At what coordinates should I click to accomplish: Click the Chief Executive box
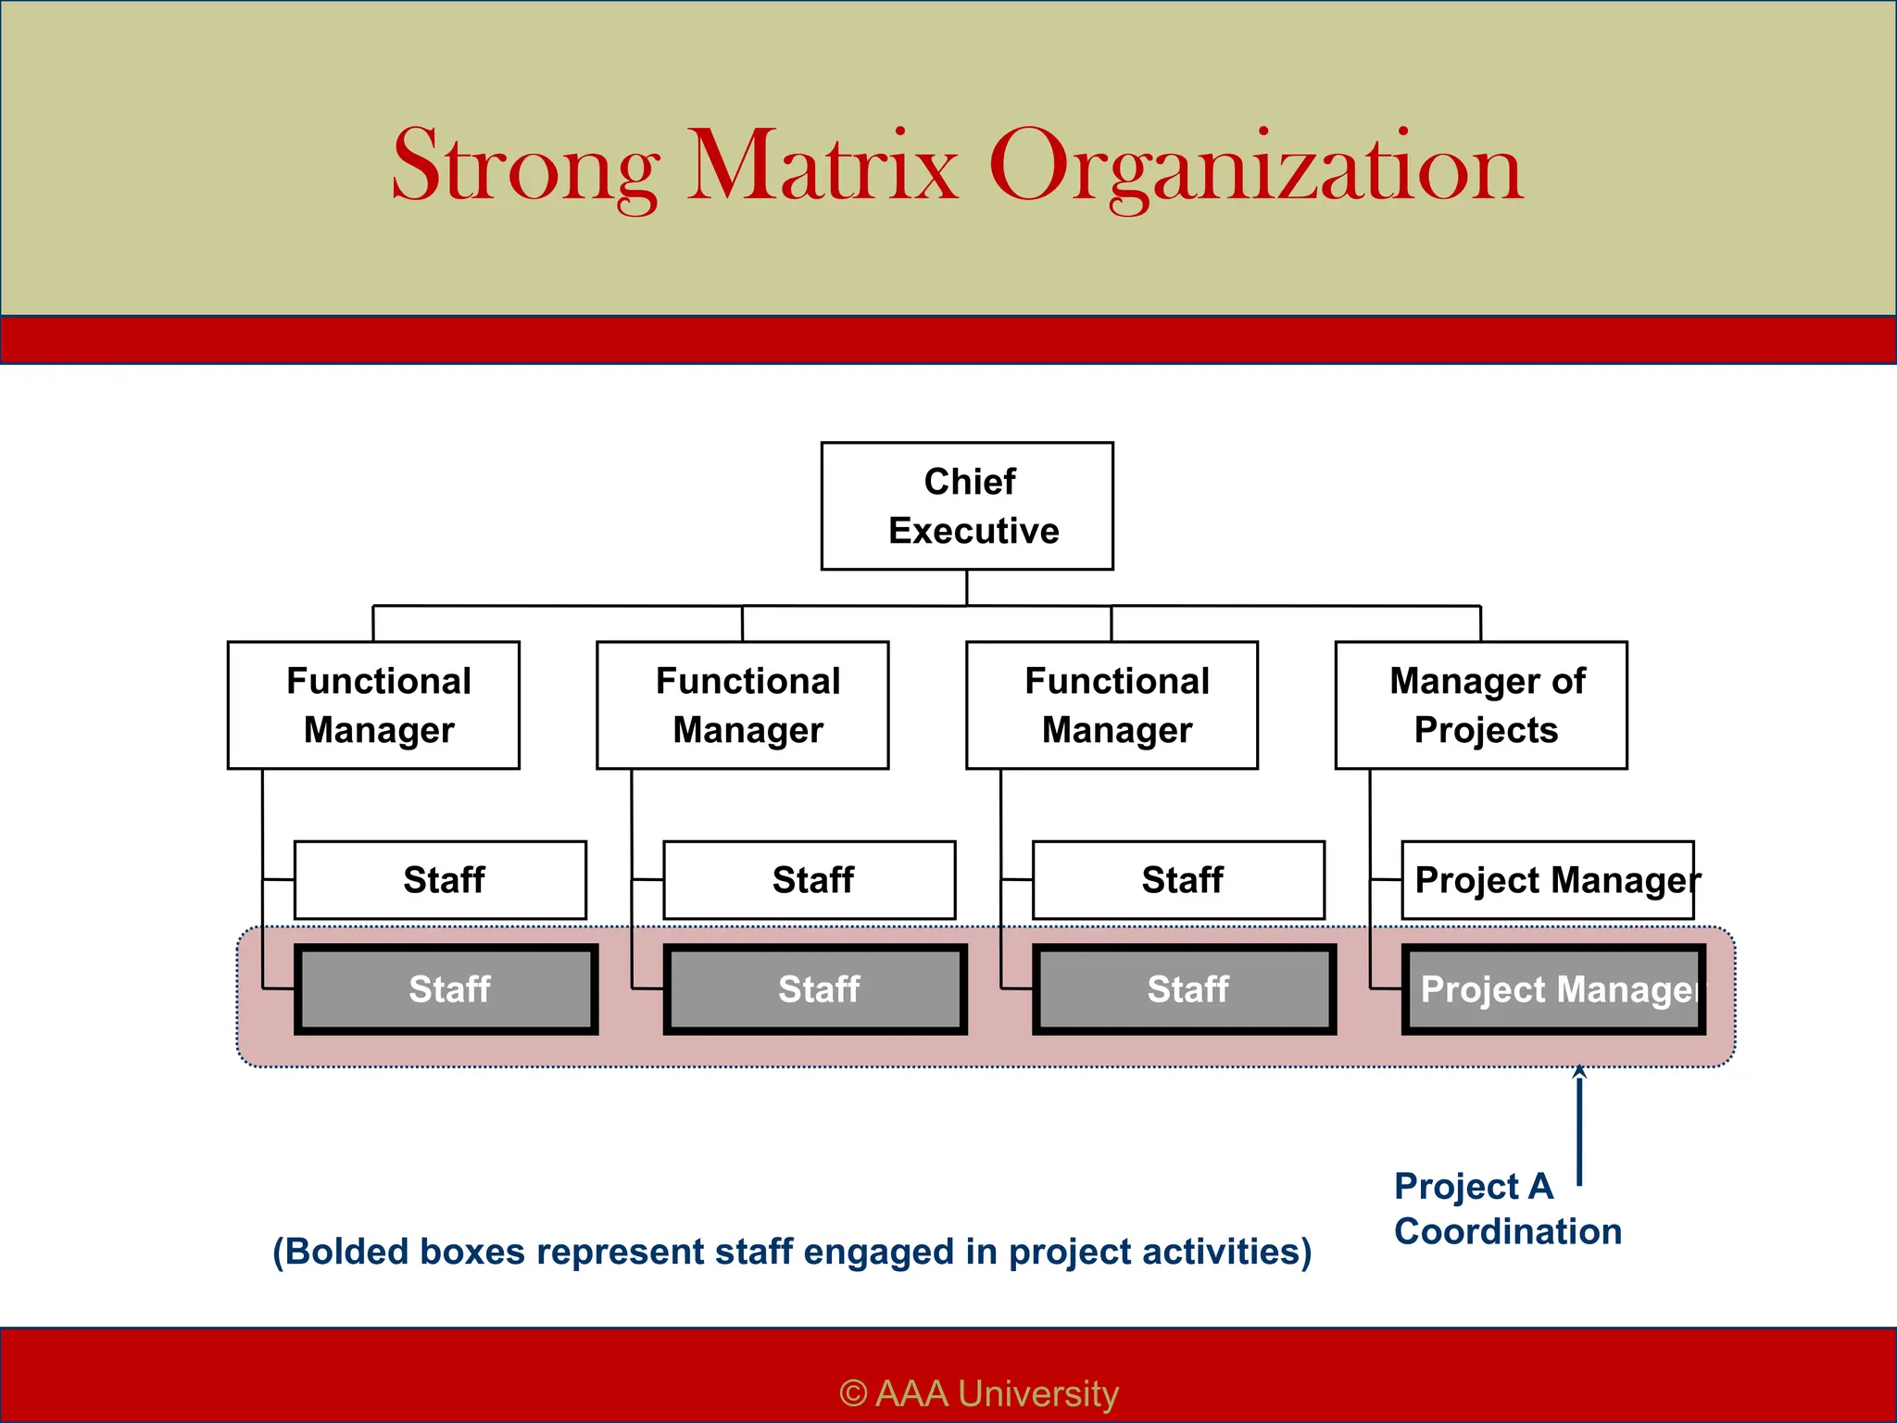click(x=967, y=506)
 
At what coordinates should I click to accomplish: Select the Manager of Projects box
click(x=1480, y=705)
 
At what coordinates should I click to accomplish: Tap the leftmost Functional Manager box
click(x=373, y=705)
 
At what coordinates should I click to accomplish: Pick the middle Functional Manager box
click(x=742, y=705)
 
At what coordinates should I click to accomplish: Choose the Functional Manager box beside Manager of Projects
click(x=1112, y=705)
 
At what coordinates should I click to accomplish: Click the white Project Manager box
click(x=1547, y=880)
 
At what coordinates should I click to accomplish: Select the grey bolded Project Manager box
click(x=1552, y=989)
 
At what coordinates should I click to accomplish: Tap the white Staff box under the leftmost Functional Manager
click(x=440, y=880)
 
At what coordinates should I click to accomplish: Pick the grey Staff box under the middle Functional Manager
click(x=815, y=989)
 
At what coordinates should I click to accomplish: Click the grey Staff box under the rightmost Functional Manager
click(x=1184, y=989)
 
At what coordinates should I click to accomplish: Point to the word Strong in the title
click(x=525, y=168)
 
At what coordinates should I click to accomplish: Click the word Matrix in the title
click(x=822, y=168)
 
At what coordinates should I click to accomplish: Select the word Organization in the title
click(x=1256, y=168)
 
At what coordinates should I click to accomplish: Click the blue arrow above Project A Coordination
click(x=1579, y=1126)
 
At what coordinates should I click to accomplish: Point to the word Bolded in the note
click(x=346, y=1252)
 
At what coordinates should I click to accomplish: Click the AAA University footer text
click(x=997, y=1393)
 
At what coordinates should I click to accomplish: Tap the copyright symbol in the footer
click(x=853, y=1393)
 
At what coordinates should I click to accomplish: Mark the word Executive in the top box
click(x=974, y=531)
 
